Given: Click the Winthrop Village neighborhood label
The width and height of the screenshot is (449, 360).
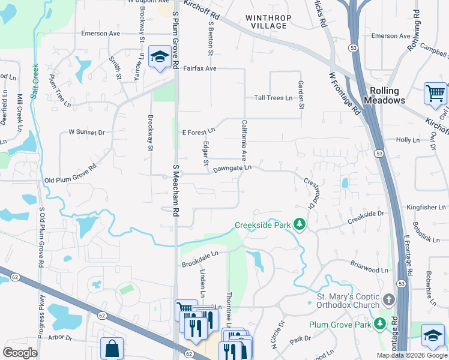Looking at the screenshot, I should (x=266, y=22).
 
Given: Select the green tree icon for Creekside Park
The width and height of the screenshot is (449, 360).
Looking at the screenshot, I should (x=300, y=225).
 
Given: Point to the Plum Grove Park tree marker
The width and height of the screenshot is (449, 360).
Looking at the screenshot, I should (x=379, y=325).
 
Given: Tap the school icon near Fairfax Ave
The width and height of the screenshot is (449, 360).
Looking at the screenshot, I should (x=159, y=58).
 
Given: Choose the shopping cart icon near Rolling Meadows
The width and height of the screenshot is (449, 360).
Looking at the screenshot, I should (x=435, y=94).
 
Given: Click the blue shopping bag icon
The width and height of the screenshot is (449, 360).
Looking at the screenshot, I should (x=112, y=348).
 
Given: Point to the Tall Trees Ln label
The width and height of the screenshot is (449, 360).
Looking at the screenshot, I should (x=273, y=98).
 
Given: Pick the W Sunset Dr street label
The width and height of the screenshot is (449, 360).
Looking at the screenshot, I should (x=86, y=131).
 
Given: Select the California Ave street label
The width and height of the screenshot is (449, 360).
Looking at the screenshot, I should (x=244, y=140).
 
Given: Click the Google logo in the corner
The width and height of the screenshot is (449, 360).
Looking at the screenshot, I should (x=20, y=353).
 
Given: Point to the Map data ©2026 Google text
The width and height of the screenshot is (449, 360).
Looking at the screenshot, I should (x=412, y=355).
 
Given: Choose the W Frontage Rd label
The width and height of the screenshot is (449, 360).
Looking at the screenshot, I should (x=344, y=94).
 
